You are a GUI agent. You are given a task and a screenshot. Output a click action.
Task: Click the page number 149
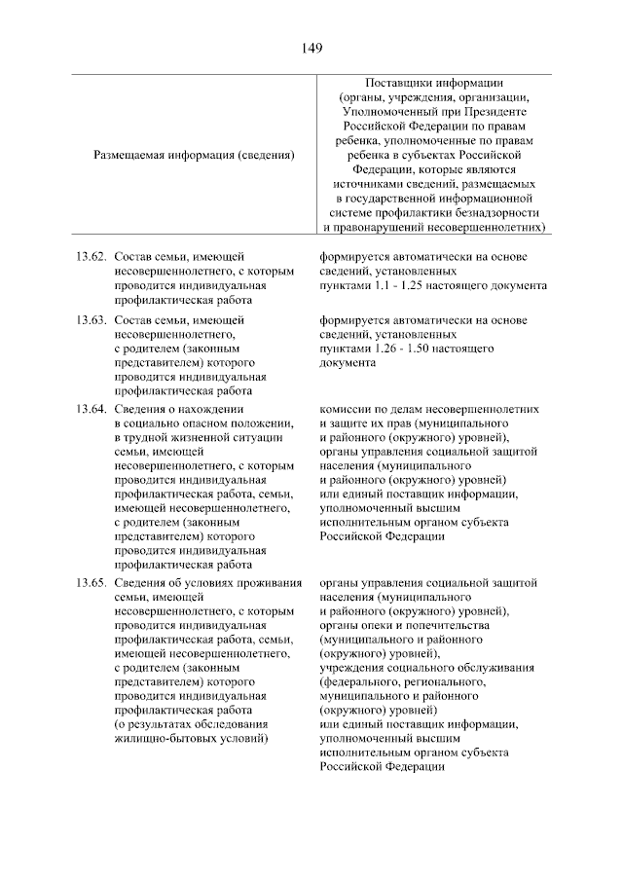pos(311,47)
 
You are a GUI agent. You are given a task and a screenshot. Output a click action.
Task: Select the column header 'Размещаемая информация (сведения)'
pos(195,154)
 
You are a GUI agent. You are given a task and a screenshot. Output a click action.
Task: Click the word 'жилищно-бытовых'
pos(161,739)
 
